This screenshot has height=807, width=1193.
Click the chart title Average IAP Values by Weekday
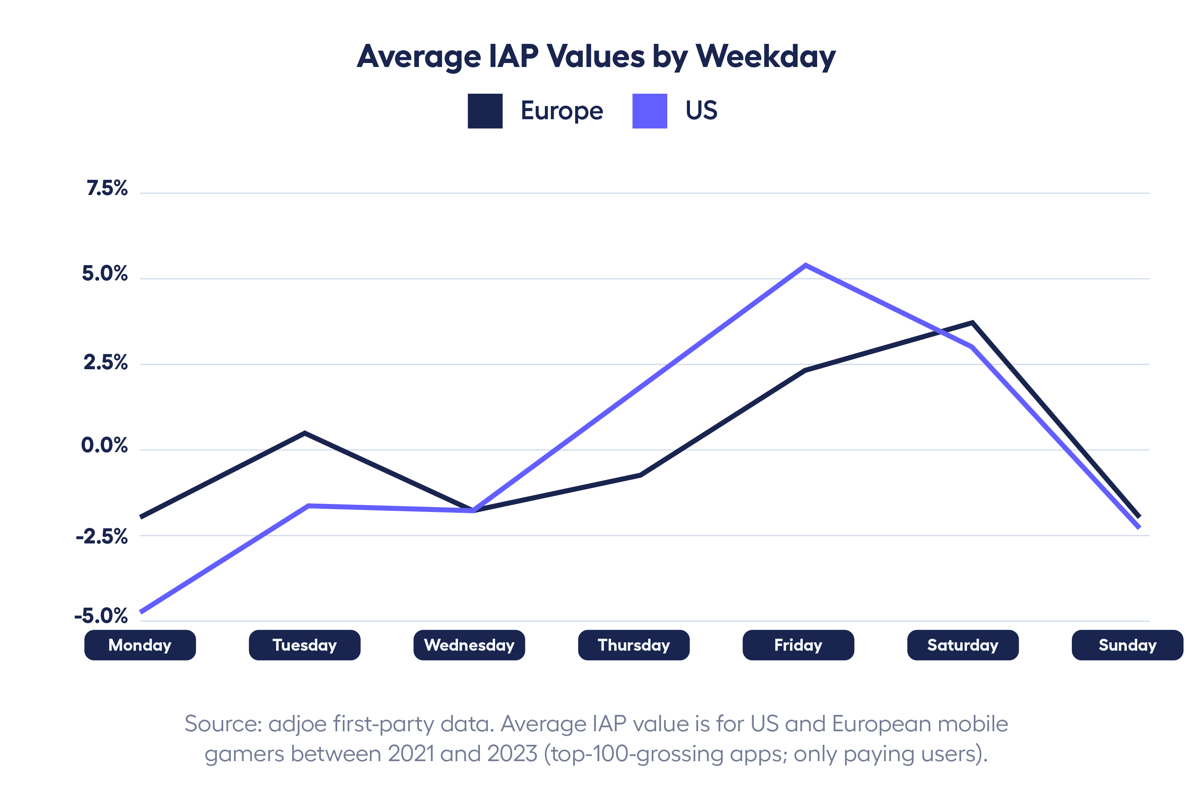click(596, 57)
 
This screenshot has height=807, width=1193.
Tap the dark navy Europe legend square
click(485, 111)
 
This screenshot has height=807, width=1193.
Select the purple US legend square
click(649, 111)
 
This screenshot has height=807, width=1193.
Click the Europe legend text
click(562, 111)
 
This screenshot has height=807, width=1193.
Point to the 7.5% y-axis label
click(107, 189)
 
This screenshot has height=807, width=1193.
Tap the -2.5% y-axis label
click(102, 537)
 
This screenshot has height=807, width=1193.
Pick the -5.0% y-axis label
click(101, 616)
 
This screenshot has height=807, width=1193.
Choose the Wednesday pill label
click(469, 645)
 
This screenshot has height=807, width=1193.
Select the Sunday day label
click(1127, 645)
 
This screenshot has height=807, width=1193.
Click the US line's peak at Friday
click(806, 266)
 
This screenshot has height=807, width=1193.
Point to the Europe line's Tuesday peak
click(305, 433)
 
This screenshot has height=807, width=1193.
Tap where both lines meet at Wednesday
click(473, 510)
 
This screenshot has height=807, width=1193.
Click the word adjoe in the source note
click(297, 724)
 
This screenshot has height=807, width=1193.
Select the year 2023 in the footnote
click(512, 754)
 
